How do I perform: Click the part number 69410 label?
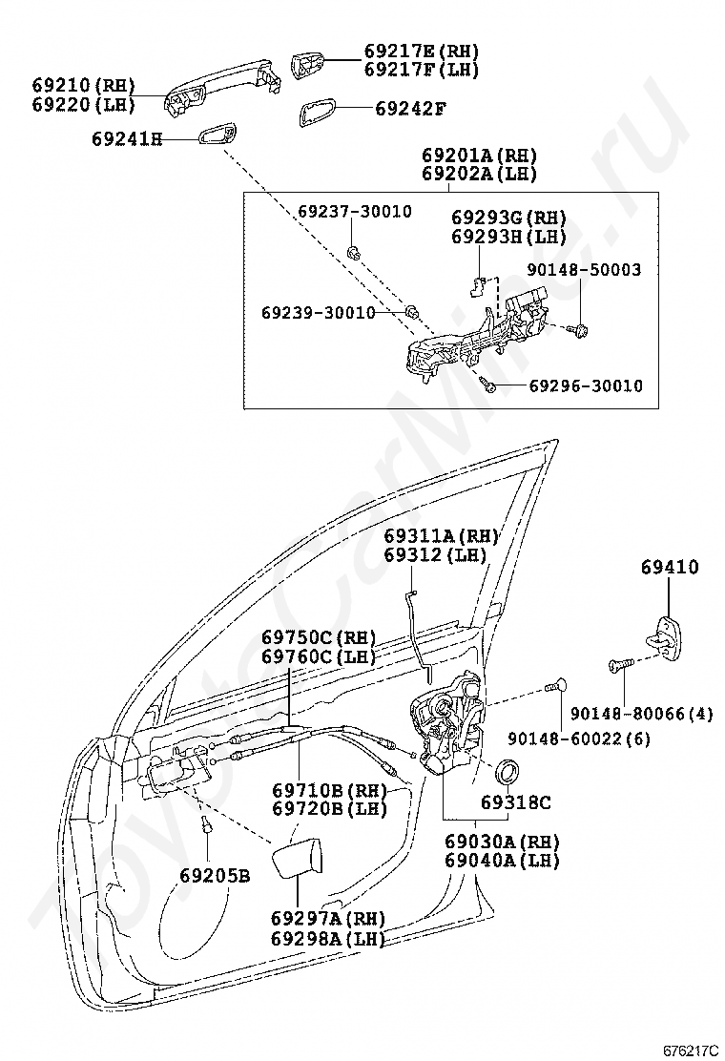pyautogui.click(x=670, y=567)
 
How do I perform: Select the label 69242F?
pyautogui.click(x=410, y=109)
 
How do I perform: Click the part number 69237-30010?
pyautogui.click(x=354, y=212)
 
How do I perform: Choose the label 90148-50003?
pyautogui.click(x=583, y=270)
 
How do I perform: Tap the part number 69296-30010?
pyautogui.click(x=586, y=386)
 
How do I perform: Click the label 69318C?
pyautogui.click(x=515, y=802)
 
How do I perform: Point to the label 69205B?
pyautogui.click(x=215, y=875)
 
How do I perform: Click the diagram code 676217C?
pyautogui.click(x=691, y=1050)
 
